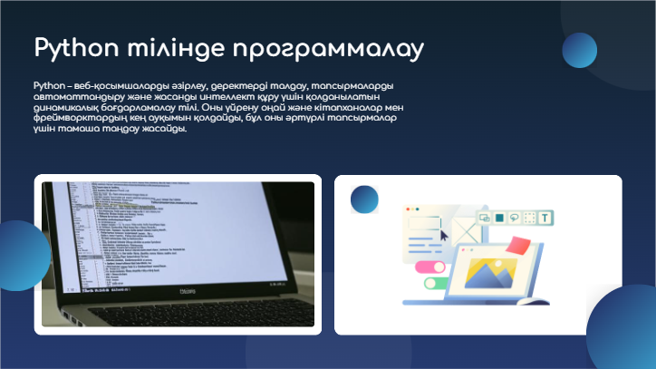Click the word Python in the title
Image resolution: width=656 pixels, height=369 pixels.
[x=73, y=47]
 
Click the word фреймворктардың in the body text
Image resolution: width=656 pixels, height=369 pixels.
[x=77, y=118]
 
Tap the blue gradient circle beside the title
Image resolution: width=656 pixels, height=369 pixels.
[x=579, y=50]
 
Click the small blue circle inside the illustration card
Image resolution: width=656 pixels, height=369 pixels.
[x=365, y=199]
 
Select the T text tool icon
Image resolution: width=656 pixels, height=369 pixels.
[x=545, y=218]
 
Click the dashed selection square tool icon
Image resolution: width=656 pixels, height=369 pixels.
[x=530, y=218]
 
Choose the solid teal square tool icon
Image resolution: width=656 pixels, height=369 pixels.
[x=497, y=218]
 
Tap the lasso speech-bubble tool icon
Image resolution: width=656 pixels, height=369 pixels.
[x=514, y=218]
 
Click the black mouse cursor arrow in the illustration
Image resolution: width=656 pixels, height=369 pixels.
[x=444, y=234]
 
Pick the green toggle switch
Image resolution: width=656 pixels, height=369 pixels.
[x=432, y=283]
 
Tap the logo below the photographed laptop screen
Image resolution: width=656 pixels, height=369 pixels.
[x=185, y=290]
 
